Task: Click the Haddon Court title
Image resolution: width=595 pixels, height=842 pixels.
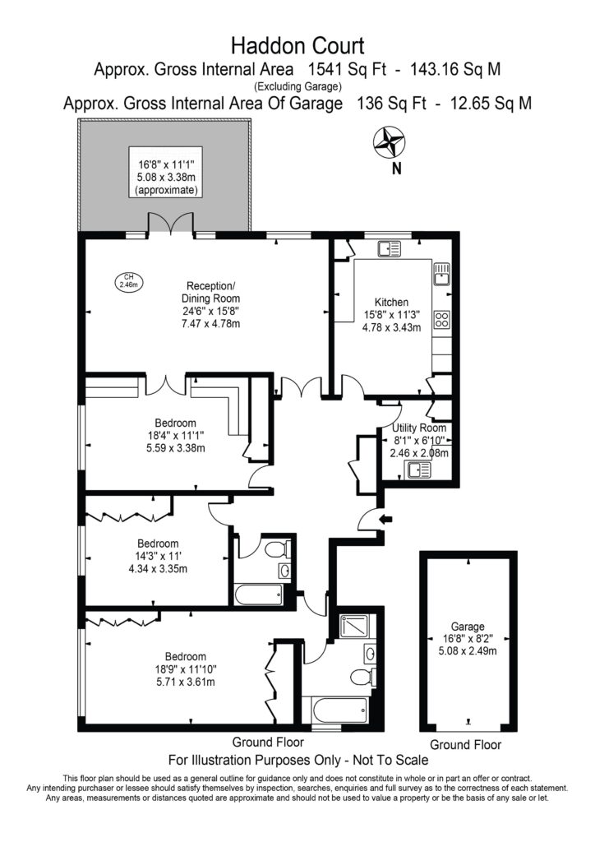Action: pos(297,44)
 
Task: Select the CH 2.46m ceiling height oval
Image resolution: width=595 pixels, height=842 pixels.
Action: pos(127,280)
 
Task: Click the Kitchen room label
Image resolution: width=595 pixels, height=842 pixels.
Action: pos(392,303)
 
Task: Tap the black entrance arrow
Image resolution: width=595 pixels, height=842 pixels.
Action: pos(387,518)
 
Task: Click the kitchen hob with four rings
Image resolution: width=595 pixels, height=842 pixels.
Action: pos(441,318)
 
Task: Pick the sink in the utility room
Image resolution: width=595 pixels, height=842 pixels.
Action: pos(417,470)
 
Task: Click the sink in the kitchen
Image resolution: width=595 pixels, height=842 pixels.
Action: pos(441,273)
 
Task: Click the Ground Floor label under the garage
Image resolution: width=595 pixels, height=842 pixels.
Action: pos(465,744)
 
